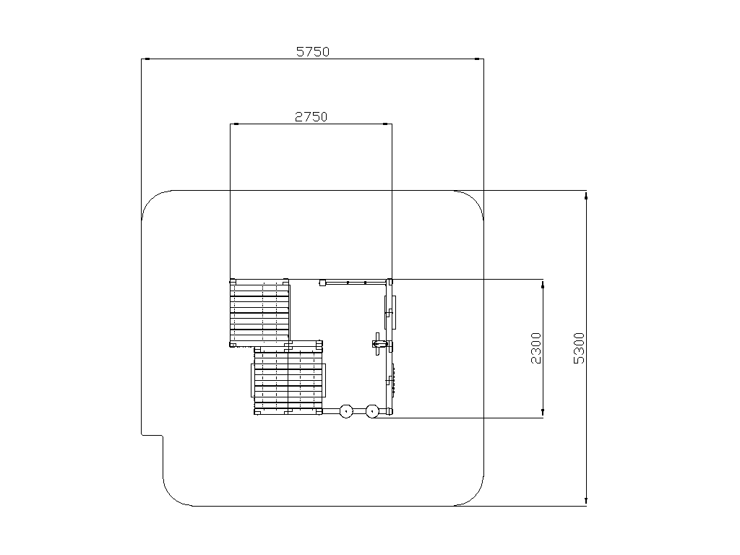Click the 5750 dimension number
click(x=312, y=51)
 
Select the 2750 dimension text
click(x=311, y=116)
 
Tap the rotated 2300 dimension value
click(x=536, y=348)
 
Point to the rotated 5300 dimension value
click(x=579, y=348)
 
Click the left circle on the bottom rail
click(x=346, y=411)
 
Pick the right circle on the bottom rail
click(x=372, y=411)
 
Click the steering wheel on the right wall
click(x=377, y=344)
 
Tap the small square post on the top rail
click(x=323, y=283)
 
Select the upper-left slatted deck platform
click(x=259, y=313)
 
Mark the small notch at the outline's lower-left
click(x=152, y=434)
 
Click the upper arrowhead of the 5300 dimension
click(x=586, y=195)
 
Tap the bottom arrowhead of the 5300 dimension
click(x=586, y=502)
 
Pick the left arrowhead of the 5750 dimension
click(x=146, y=59)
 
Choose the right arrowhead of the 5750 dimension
click(x=479, y=59)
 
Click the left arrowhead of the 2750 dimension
click(x=235, y=124)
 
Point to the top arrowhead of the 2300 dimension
click(x=543, y=284)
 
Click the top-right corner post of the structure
click(x=390, y=282)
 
